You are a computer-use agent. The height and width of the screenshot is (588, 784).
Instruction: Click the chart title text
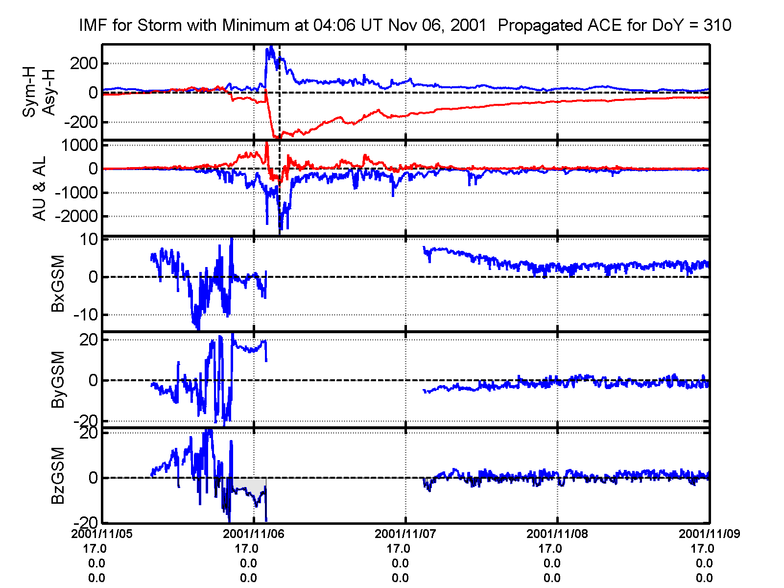point(405,25)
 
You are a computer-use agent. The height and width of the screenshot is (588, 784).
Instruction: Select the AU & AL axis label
point(39,189)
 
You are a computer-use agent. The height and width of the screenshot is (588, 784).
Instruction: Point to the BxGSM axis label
point(58,283)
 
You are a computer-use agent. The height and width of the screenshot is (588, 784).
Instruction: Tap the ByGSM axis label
point(58,379)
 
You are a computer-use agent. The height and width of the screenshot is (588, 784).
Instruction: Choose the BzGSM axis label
point(58,475)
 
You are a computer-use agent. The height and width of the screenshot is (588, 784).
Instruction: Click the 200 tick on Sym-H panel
point(84,63)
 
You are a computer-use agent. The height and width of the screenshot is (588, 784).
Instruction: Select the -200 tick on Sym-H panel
point(81,122)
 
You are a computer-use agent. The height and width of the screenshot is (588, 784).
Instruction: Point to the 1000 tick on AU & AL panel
point(79,146)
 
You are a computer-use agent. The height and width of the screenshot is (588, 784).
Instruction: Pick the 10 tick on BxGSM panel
point(89,240)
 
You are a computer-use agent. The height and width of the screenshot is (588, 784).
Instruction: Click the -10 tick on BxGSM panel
point(86,315)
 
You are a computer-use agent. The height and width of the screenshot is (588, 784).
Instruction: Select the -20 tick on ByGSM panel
point(86,421)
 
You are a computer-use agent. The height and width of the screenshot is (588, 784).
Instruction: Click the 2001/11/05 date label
point(102,534)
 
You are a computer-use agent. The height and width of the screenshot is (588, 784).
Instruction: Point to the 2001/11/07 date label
point(405,534)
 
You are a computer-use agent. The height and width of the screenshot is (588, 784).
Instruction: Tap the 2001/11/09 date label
point(709,534)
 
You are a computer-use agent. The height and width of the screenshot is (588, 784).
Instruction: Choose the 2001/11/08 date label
point(557,534)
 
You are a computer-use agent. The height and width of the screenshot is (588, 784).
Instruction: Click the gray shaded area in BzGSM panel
point(247,484)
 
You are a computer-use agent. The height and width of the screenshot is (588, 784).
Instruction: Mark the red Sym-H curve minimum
point(278,138)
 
